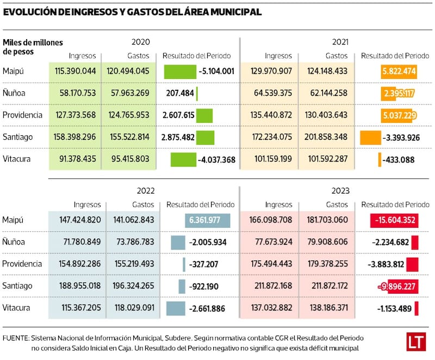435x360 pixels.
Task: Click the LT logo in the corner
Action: (416, 343)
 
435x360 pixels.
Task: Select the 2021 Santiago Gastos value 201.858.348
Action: (325, 138)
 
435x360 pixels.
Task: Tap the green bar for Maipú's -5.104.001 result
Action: (180, 71)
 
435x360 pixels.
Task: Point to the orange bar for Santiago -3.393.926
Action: (370, 138)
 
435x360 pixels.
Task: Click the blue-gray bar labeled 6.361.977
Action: (207, 220)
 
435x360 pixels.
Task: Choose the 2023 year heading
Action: (340, 191)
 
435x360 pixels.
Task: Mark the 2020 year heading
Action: (140, 41)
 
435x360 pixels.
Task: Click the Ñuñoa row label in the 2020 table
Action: (14, 94)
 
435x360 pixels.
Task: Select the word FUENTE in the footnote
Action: (16, 338)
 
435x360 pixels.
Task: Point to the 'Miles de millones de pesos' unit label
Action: (33, 47)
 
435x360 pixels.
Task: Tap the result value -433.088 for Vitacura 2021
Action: (399, 160)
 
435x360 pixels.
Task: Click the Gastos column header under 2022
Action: (144, 205)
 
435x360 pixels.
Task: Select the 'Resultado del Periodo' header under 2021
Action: (395, 55)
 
